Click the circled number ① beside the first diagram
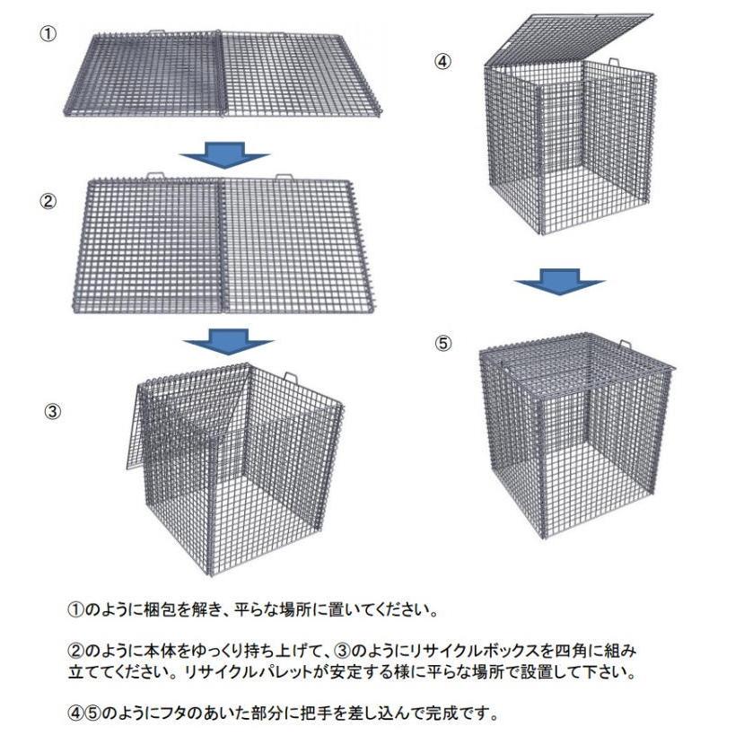(x=48, y=34)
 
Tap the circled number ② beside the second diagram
(x=48, y=201)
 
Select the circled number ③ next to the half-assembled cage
(x=53, y=411)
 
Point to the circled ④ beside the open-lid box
(x=442, y=61)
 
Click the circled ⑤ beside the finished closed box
(x=443, y=343)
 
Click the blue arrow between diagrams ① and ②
(x=224, y=155)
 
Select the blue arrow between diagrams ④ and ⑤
(x=560, y=282)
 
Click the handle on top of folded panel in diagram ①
(x=157, y=32)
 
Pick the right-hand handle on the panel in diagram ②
(x=284, y=178)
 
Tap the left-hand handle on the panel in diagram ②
(x=155, y=176)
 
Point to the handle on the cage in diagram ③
(x=291, y=377)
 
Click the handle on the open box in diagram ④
(x=613, y=62)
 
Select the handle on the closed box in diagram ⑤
(x=625, y=344)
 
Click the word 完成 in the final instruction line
(x=442, y=713)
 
